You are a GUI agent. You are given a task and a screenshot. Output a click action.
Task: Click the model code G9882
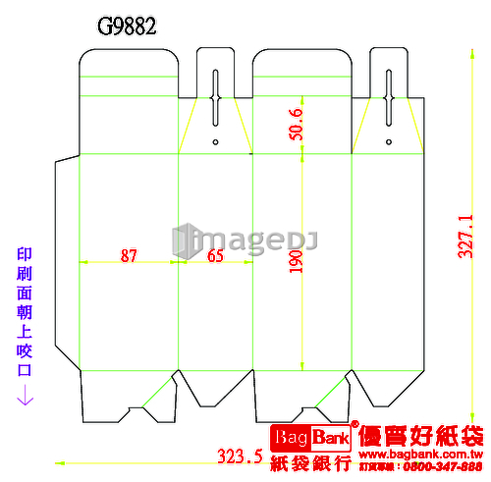tap(127, 27)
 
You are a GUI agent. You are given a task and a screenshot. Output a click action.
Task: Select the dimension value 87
tap(129, 255)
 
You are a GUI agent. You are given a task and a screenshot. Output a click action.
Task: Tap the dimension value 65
tap(215, 255)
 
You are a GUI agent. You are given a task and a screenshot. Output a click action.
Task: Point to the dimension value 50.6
tap(296, 125)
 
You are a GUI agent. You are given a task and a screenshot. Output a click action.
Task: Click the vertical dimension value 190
tap(296, 261)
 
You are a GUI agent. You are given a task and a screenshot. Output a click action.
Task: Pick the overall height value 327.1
tap(465, 237)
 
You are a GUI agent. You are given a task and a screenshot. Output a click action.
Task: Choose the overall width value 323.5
tap(241, 456)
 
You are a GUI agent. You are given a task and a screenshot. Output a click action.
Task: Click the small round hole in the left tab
tap(215, 142)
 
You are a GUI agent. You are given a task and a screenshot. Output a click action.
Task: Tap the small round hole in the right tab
tap(389, 142)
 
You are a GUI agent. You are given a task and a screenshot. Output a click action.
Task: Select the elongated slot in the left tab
tap(215, 98)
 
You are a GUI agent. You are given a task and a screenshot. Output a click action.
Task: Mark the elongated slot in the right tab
tap(389, 98)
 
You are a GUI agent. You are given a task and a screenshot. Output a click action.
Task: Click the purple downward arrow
tap(25, 395)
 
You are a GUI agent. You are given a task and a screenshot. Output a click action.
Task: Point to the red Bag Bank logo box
tap(310, 438)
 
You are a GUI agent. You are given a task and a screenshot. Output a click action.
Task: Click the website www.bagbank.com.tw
tap(421, 455)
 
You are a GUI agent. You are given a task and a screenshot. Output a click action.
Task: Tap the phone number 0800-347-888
tap(443, 466)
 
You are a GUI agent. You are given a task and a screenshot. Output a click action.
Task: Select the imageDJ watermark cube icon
tap(186, 241)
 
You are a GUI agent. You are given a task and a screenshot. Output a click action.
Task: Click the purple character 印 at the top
tap(25, 254)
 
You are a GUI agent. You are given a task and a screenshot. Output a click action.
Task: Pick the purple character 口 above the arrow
tap(25, 370)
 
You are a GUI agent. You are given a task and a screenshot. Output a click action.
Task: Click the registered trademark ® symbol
tap(355, 424)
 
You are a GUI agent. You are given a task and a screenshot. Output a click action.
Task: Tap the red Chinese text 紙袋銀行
tap(310, 463)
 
